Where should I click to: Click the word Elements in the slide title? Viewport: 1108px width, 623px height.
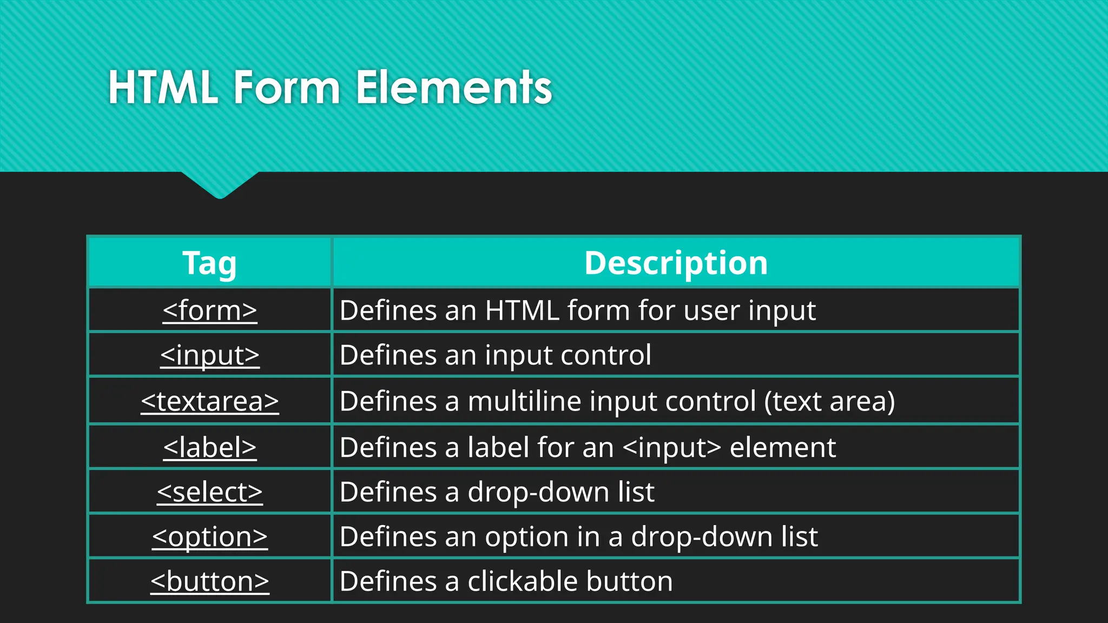[x=454, y=88]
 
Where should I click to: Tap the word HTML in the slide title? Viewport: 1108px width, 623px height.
[x=163, y=88]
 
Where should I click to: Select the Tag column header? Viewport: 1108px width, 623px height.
[x=209, y=263]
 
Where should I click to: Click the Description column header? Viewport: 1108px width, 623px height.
[x=676, y=263]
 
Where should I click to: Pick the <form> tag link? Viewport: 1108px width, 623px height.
[x=210, y=311]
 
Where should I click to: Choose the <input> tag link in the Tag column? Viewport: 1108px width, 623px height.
[x=210, y=356]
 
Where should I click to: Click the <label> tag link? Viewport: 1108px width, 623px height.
[x=210, y=448]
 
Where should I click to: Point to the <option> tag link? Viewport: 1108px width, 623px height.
[x=210, y=537]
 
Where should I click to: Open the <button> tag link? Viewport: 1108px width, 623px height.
[x=210, y=582]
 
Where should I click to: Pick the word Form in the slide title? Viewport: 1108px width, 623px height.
[x=287, y=88]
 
